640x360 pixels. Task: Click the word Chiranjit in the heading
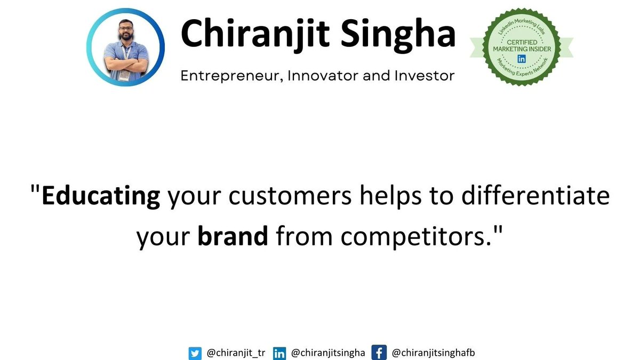255,34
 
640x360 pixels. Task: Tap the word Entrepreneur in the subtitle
232,76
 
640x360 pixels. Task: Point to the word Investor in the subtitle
425,76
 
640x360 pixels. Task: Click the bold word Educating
101,197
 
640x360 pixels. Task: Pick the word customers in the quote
290,196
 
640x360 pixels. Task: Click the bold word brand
233,236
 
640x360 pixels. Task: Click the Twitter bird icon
195,354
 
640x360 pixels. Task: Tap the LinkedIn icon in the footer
279,354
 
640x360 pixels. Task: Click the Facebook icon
379,353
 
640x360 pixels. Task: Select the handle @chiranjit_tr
236,353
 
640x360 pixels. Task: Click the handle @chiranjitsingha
328,353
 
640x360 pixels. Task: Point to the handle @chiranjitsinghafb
433,353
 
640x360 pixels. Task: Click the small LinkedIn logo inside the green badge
522,59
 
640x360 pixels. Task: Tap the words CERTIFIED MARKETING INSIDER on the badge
522,46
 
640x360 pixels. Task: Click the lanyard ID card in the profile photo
124,75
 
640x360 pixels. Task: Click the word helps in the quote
390,197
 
